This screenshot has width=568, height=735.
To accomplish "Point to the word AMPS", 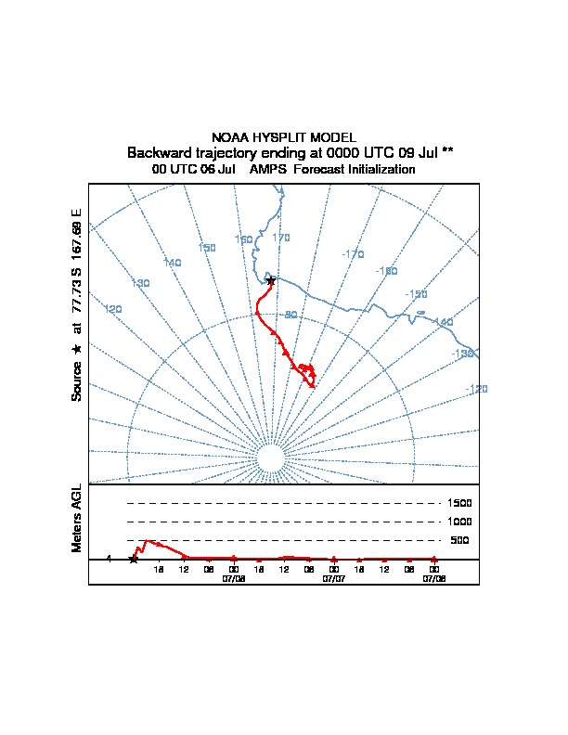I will [x=267, y=170].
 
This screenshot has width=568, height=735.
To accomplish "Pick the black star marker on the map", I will [x=270, y=280].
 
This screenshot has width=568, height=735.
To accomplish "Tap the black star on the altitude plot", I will [x=134, y=559].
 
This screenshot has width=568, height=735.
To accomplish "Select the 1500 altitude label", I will [x=460, y=503].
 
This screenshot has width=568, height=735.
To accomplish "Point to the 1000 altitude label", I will [x=460, y=522].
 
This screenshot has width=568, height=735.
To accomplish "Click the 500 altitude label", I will [x=460, y=540].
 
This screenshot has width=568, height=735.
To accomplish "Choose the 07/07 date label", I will [x=333, y=577].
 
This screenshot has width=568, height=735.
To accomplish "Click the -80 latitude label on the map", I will [x=290, y=316].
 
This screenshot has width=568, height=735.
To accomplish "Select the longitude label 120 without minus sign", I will [x=113, y=308].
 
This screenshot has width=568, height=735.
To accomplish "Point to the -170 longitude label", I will [x=352, y=253].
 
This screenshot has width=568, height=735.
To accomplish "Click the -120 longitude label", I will [x=475, y=389].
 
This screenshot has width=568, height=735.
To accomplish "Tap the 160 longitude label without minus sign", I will [x=243, y=239].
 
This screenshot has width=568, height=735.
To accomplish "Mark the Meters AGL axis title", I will [x=77, y=519].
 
